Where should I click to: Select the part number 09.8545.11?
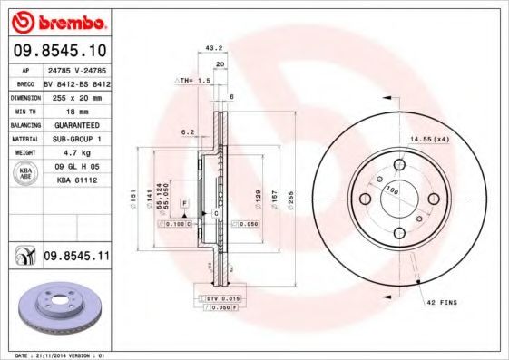click(76, 258)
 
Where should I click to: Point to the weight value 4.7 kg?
click(73, 153)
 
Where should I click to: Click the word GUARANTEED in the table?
click(74, 124)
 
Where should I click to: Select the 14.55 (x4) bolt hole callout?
click(429, 139)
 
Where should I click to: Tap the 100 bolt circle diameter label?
click(392, 190)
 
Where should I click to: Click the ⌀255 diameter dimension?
click(289, 197)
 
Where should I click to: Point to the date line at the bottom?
click(56, 354)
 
